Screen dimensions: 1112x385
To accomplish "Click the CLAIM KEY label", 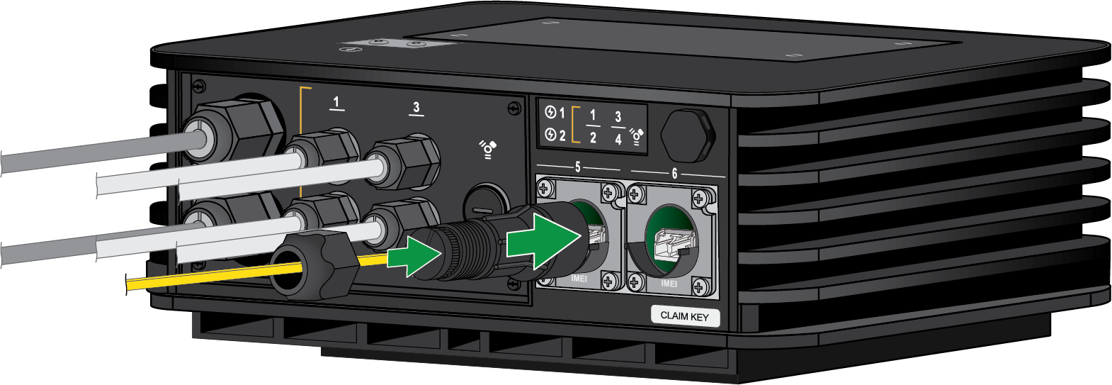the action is point(685,316).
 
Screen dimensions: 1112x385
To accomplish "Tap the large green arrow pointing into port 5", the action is point(543,240).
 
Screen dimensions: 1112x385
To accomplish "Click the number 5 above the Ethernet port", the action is point(577,167).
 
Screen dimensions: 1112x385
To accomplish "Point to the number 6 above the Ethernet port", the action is point(674,174).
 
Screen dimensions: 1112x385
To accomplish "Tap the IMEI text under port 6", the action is point(669,284).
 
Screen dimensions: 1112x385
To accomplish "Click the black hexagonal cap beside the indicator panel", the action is point(687,135).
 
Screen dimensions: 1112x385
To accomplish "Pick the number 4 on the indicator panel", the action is point(618,139).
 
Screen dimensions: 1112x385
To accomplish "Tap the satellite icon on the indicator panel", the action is point(637,137).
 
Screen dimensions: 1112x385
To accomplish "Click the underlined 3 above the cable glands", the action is point(416,108).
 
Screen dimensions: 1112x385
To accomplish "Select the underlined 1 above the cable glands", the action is point(336,104).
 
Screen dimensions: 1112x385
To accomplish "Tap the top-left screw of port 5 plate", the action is point(545,189).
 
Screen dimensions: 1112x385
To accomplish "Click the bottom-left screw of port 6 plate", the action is point(635,283).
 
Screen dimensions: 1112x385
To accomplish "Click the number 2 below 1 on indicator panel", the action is point(593,138).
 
